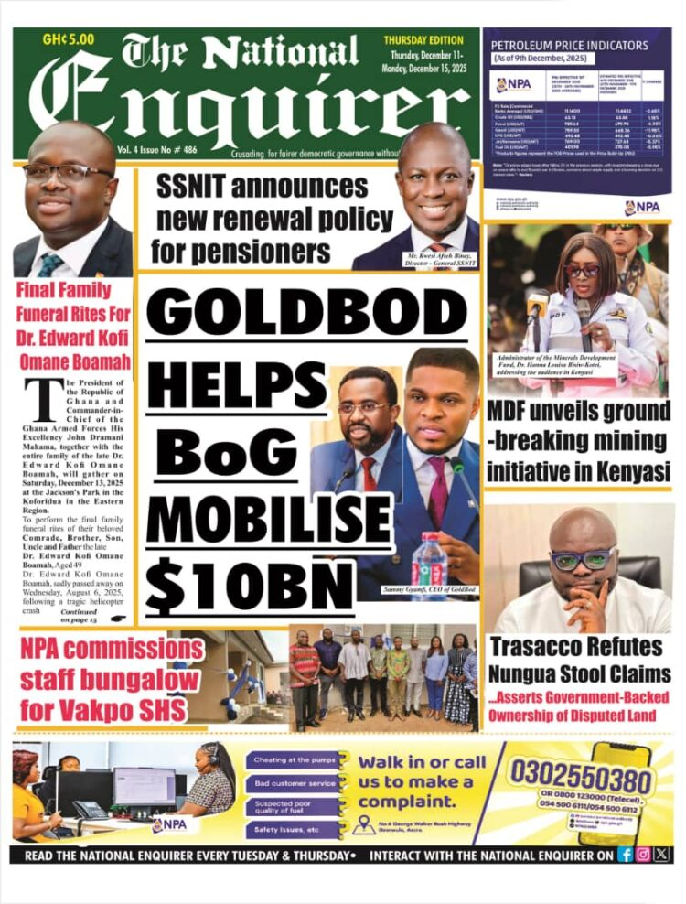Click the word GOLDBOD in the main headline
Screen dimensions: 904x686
[x=305, y=311]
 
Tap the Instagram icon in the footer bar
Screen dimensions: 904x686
[x=643, y=855]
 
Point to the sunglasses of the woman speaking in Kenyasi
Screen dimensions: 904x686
[x=582, y=271]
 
